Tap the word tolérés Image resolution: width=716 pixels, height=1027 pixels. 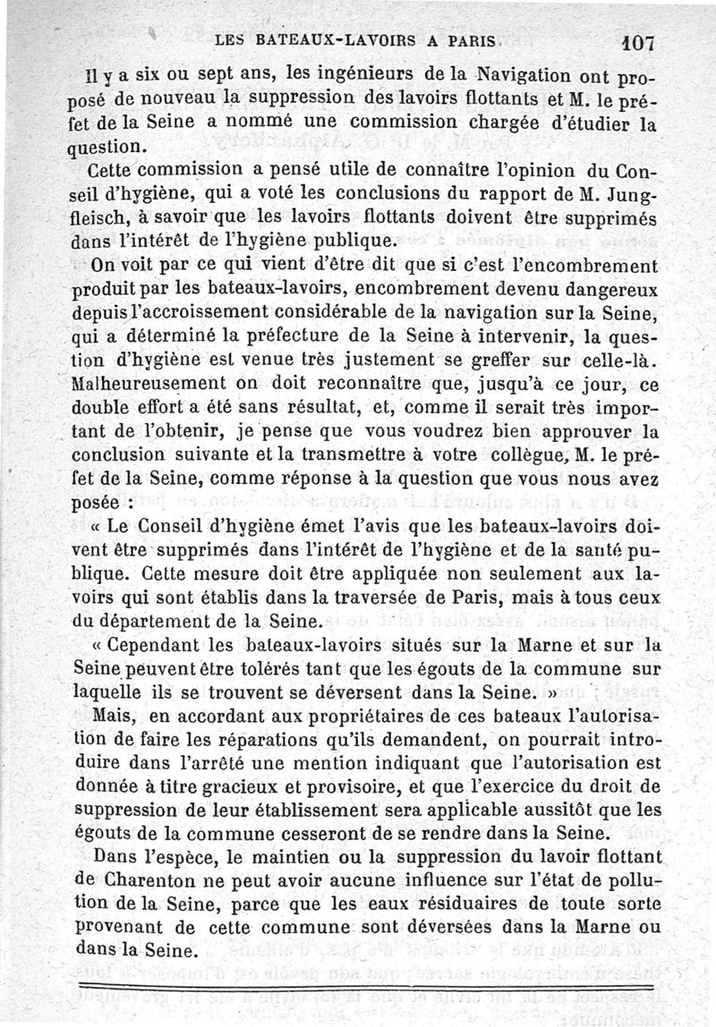tap(306, 666)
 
